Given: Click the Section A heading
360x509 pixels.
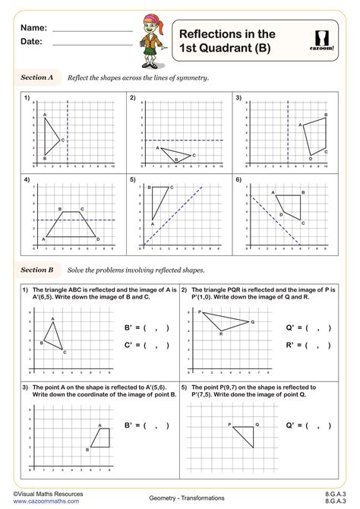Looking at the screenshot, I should [36, 77].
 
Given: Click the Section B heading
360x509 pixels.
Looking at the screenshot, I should [36, 270].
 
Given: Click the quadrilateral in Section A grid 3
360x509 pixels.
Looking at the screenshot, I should [316, 137].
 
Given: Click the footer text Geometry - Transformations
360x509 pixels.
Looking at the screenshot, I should [181, 495].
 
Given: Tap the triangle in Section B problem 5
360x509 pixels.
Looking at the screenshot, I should [245, 435].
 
